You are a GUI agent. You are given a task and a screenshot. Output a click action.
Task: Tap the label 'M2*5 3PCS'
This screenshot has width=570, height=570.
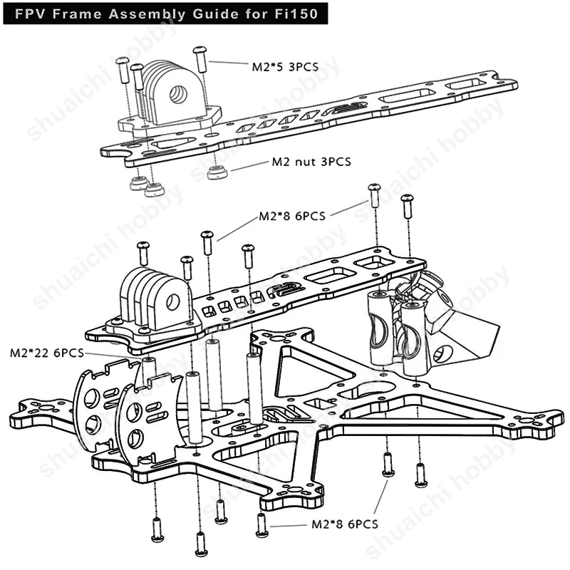(284, 67)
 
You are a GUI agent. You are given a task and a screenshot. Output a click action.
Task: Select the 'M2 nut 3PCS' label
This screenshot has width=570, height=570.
(311, 162)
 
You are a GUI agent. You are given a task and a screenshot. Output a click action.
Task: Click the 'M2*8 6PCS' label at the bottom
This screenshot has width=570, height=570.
(345, 524)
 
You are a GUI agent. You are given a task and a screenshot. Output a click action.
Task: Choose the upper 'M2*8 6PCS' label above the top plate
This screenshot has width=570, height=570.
(291, 216)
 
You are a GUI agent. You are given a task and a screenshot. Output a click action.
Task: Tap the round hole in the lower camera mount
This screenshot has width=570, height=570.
(171, 302)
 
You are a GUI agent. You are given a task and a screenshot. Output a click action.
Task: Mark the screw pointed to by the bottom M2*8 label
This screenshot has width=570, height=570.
(262, 525)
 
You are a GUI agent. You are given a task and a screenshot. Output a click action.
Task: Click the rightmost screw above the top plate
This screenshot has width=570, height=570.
(407, 205)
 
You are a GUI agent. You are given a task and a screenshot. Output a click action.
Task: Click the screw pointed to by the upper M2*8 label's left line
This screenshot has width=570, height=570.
(207, 242)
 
